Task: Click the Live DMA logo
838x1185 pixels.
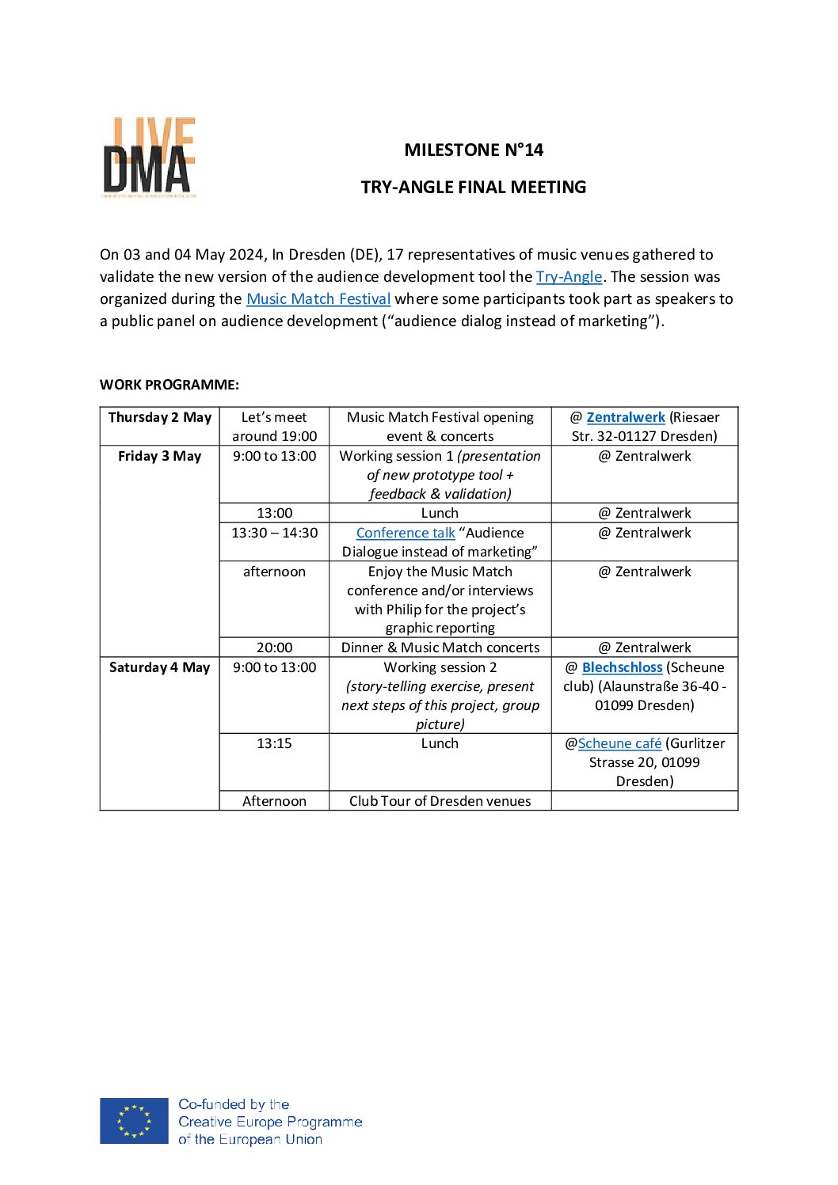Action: tap(150, 158)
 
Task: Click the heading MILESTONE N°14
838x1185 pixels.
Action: tap(474, 150)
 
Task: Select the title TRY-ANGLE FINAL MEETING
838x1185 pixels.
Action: tap(474, 187)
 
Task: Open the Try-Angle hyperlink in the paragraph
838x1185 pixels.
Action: tap(569, 276)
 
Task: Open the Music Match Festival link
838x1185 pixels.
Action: tap(318, 298)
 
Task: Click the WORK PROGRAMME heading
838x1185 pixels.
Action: tap(169, 385)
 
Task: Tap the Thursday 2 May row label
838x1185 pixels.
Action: tap(160, 417)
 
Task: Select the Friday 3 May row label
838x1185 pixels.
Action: tap(160, 456)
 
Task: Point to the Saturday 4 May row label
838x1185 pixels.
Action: tap(160, 667)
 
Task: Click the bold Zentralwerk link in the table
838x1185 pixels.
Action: tap(626, 417)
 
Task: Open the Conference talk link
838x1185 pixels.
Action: tap(406, 533)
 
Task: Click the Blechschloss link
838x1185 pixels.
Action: tap(622, 667)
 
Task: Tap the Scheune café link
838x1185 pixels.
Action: tap(619, 743)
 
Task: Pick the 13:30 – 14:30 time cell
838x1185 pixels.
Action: tap(274, 533)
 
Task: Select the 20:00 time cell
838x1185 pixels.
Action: tap(274, 648)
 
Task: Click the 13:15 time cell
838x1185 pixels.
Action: tap(274, 743)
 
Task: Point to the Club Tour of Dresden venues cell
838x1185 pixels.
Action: tap(440, 801)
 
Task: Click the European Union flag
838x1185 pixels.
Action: tap(134, 1120)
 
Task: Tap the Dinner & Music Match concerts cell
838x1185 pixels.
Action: tap(440, 648)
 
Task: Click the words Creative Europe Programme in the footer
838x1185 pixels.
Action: tap(270, 1122)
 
